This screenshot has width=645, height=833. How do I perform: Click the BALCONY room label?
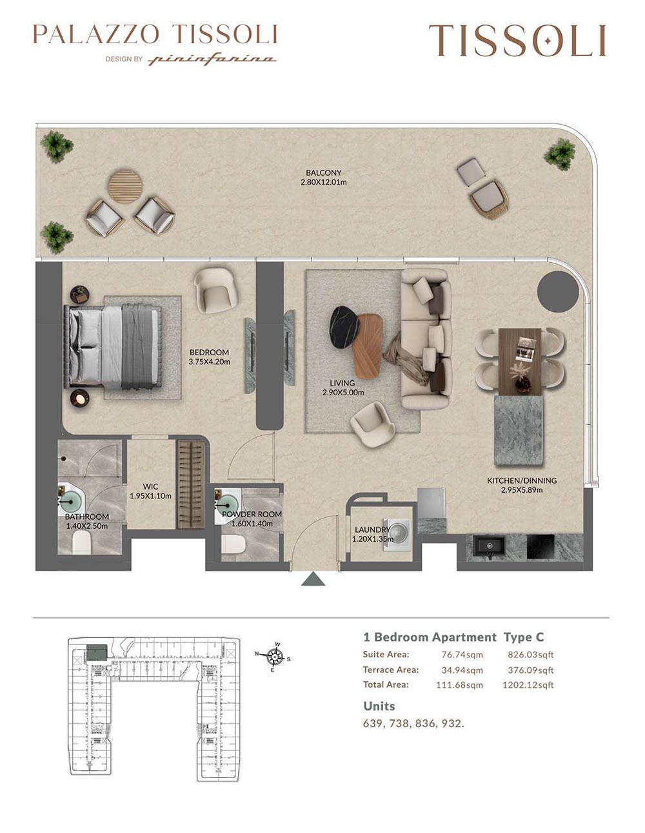323,172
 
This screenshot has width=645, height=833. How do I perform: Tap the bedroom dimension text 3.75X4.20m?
209,362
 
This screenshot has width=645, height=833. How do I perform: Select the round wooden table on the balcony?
125,187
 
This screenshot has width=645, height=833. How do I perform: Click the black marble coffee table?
344,327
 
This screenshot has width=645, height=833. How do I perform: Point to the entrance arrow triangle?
313,579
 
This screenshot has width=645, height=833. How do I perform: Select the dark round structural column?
557,291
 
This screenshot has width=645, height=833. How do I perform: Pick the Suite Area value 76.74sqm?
462,654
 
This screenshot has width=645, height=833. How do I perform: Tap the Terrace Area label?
391,670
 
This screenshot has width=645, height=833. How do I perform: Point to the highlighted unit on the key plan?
97,652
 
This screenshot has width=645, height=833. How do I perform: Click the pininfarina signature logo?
212,59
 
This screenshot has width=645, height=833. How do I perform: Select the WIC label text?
150,487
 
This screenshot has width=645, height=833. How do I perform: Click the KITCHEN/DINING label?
522,480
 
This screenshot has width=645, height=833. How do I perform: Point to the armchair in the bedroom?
216,290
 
